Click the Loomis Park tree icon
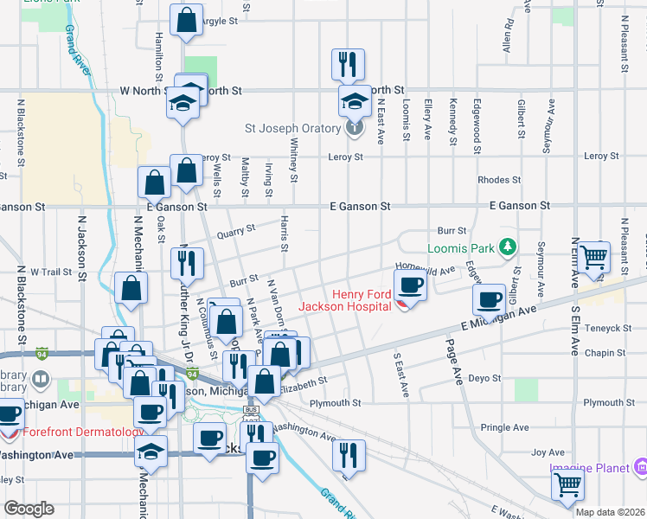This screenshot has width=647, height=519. tap(509, 248)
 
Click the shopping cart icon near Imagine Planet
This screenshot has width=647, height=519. tap(567, 484)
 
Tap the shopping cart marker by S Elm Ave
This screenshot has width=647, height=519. tap(593, 257)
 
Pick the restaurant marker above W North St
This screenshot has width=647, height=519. tap(348, 64)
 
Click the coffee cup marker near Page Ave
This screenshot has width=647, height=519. tap(490, 299)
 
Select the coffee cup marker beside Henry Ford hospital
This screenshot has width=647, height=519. tap(410, 285)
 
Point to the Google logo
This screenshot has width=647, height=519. tap(28, 509)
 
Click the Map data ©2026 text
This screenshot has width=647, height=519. tap(610, 511)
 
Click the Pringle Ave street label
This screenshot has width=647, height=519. tap(504, 427)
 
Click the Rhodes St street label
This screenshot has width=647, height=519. tap(499, 180)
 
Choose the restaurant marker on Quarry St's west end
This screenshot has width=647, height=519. tap(187, 262)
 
